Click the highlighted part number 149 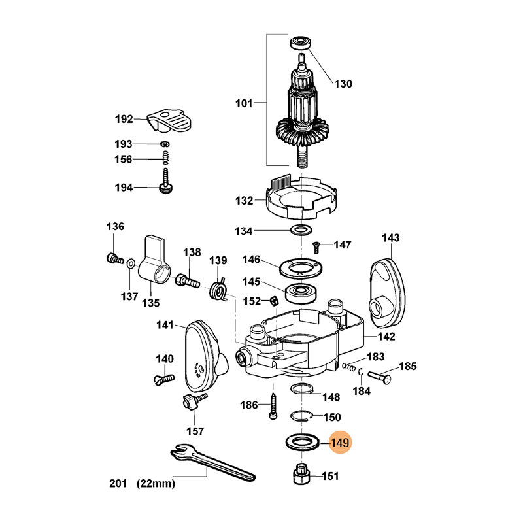point(340,443)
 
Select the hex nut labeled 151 point(302,474)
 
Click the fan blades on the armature point(302,132)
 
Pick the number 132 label point(244,201)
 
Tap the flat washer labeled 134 point(301,229)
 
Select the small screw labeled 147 point(316,247)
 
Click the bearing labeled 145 point(301,294)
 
